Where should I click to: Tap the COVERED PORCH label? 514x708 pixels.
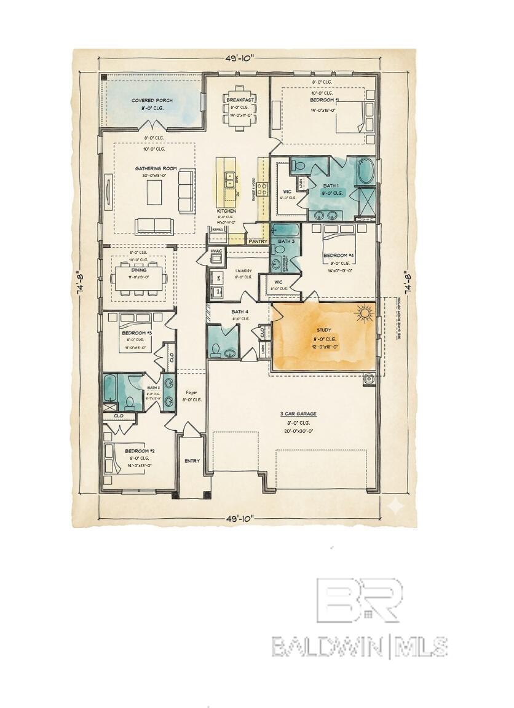coord(152,100)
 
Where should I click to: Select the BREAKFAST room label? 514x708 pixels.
coord(240,100)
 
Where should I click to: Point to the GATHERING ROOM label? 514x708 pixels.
coord(156,168)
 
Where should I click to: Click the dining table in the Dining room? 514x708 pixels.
coord(138,277)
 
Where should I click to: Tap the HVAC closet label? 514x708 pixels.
coord(216,251)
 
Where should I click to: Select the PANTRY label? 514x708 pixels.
coord(257,242)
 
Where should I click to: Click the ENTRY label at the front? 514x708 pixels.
coord(192,461)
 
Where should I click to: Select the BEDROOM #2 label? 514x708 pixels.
coord(140,450)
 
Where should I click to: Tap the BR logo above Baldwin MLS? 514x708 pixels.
coord(359,599)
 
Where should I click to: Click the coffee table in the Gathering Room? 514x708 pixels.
coord(154,192)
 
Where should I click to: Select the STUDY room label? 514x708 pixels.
coord(323,330)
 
